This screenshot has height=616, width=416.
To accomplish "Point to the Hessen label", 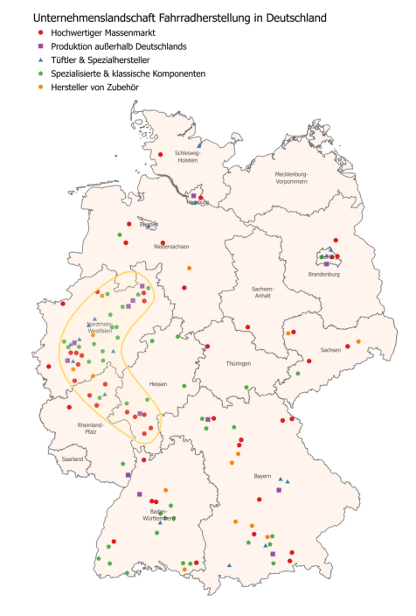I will [x=158, y=384].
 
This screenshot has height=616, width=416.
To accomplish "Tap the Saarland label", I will [x=72, y=458].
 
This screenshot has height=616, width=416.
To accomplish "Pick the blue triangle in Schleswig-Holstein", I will [x=200, y=144].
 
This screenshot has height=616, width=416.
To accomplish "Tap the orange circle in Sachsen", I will [x=358, y=341].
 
